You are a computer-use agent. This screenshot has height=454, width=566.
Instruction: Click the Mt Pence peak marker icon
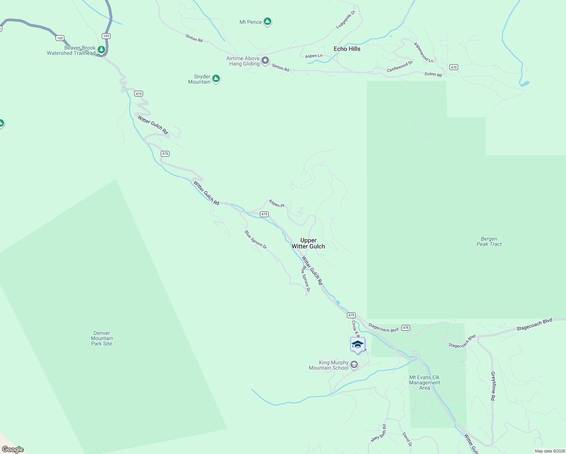(267, 22)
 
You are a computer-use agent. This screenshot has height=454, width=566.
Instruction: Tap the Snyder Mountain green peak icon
(216, 79)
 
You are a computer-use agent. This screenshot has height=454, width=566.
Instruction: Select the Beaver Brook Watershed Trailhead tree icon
(101, 50)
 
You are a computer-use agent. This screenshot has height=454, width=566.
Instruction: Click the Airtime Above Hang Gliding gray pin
(266, 61)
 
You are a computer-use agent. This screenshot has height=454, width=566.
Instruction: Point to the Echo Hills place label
(347, 49)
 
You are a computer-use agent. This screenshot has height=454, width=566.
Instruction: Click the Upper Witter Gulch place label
(308, 243)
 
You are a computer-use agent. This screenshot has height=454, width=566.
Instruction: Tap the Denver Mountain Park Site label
(102, 338)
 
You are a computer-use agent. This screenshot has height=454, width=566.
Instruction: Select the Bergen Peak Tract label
(489, 241)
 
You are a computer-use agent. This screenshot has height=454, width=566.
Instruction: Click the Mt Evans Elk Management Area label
(424, 382)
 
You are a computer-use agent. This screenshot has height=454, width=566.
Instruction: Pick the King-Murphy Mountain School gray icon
(354, 365)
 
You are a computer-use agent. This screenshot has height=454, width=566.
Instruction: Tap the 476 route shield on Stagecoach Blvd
(406, 328)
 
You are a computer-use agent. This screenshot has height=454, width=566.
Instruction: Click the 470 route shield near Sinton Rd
(454, 67)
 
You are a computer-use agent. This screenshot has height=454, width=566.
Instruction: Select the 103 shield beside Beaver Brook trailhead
(106, 36)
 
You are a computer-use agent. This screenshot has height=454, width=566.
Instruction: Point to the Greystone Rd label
(493, 386)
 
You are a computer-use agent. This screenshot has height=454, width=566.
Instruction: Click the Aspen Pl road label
(277, 204)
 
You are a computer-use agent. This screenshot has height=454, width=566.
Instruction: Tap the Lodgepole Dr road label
(346, 20)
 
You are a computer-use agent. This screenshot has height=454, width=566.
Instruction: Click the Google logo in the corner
(13, 449)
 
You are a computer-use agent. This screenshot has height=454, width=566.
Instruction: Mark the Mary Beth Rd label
(379, 433)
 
